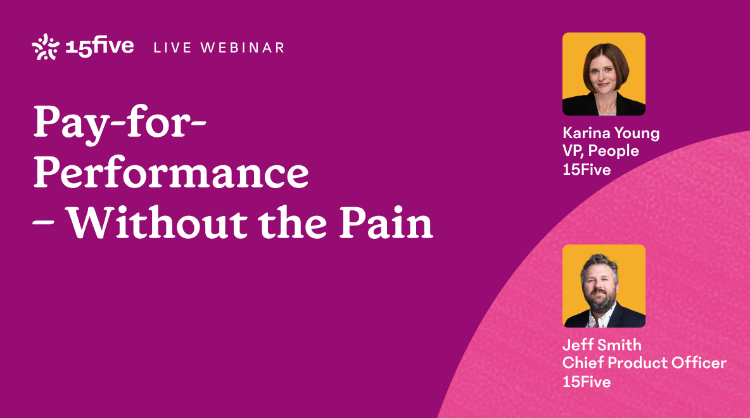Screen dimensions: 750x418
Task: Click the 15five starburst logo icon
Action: pyautogui.click(x=46, y=47)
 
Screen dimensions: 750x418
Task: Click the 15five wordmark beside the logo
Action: pyautogui.click(x=99, y=46)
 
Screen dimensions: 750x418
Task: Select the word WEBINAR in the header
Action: pyautogui.click(x=243, y=48)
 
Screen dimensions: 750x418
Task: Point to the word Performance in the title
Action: pyautogui.click(x=171, y=172)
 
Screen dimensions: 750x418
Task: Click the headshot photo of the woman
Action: pyautogui.click(x=604, y=74)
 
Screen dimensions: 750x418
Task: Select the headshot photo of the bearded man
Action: pyautogui.click(x=604, y=286)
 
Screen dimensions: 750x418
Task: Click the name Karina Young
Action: pyautogui.click(x=611, y=134)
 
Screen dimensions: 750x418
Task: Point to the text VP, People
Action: pyautogui.click(x=601, y=151)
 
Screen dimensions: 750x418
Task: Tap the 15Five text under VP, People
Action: pyautogui.click(x=587, y=170)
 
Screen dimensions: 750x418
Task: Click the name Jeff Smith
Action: pyautogui.click(x=602, y=345)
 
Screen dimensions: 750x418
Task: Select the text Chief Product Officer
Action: pyautogui.click(x=644, y=363)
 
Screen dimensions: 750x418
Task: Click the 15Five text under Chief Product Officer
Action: pyautogui.click(x=587, y=382)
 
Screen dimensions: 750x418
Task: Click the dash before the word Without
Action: pyautogui.click(x=42, y=224)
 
